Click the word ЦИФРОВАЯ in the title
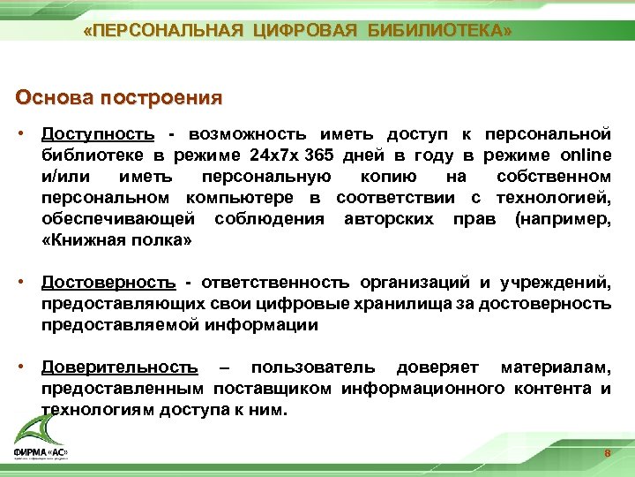point(305,32)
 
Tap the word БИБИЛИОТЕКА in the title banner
point(441,32)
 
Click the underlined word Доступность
point(98,134)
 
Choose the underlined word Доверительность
point(119,367)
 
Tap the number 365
point(318,155)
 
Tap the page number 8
point(607,454)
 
